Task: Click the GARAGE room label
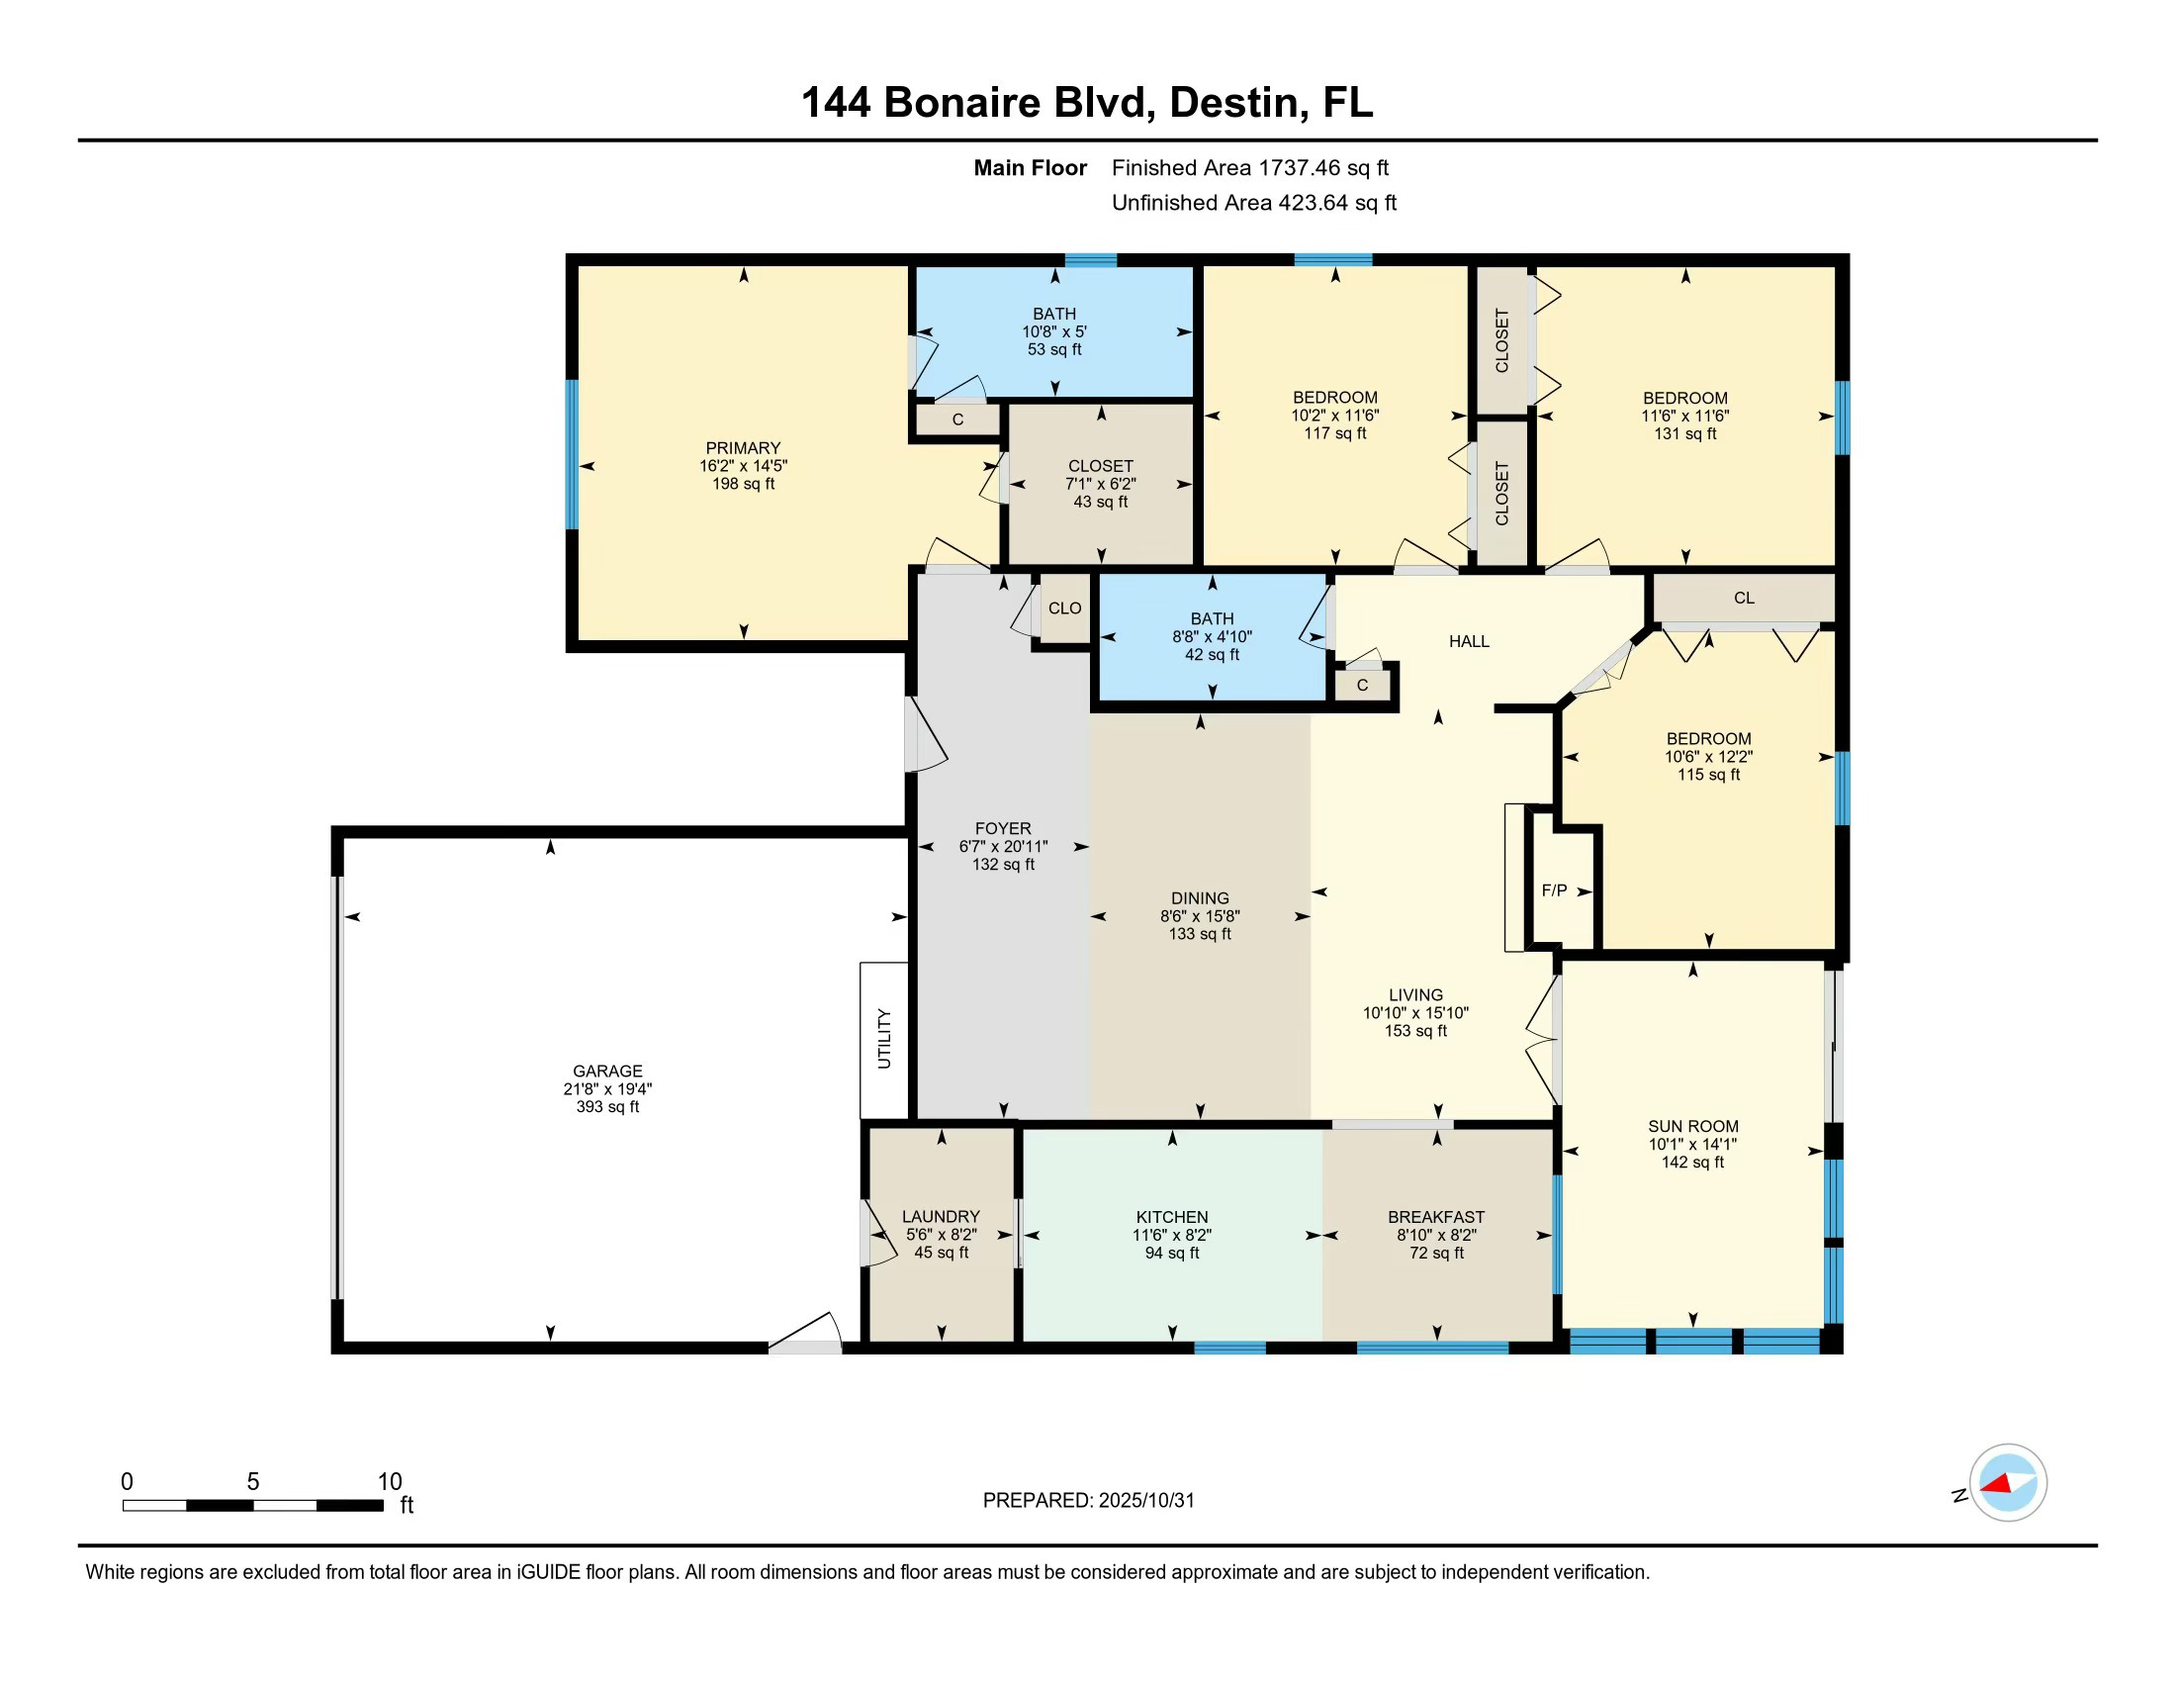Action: [606, 1072]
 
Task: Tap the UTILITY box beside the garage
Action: [883, 1038]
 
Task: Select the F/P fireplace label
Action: [1554, 890]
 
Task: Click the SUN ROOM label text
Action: [1692, 1126]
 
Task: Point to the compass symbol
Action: [2008, 1483]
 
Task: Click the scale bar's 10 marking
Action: [390, 1482]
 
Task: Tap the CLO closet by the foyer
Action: [1064, 607]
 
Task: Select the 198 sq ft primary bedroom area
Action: [743, 484]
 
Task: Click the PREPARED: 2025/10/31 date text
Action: [1088, 1501]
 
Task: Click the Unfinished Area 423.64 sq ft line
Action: [1253, 203]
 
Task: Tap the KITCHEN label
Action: [1172, 1217]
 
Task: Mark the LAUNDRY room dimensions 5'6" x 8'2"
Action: [942, 1235]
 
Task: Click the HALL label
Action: [1469, 642]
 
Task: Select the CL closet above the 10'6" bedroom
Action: [1744, 598]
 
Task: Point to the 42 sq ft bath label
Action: [1212, 655]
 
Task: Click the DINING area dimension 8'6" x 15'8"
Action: [1200, 916]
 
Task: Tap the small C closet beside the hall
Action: [1362, 686]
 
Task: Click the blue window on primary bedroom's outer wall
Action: [572, 453]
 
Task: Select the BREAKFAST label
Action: [1436, 1217]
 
